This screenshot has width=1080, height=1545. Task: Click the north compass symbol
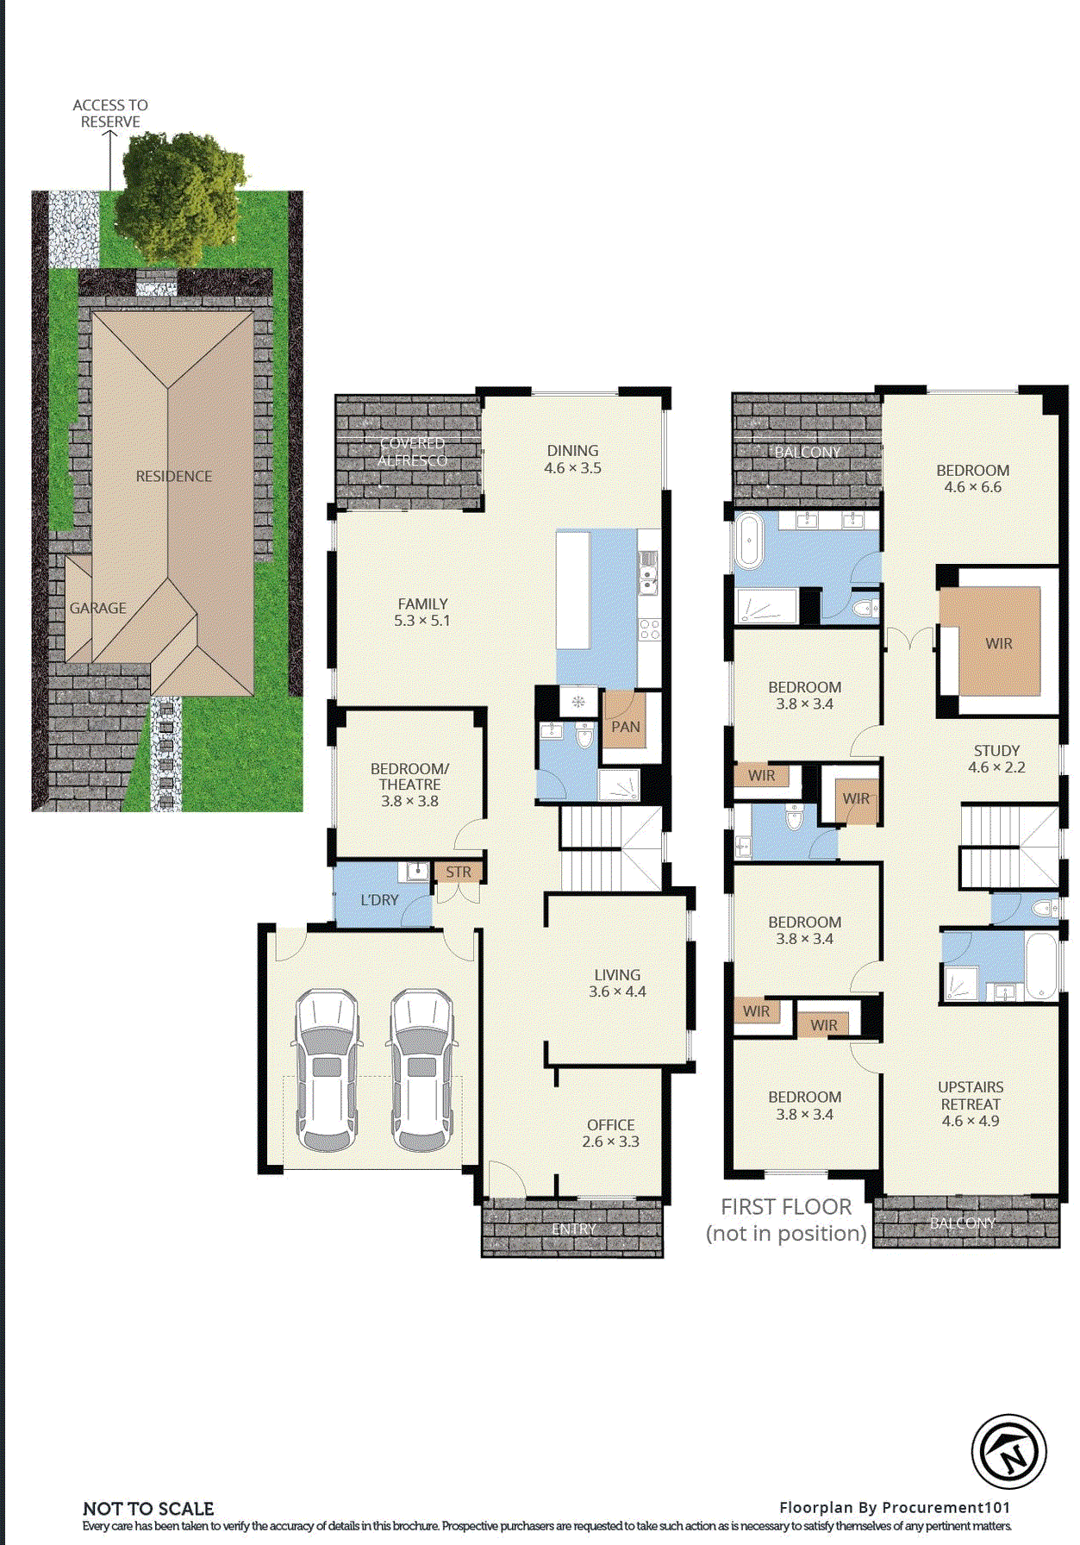(x=1008, y=1452)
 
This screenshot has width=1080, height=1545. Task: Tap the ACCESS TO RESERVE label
(x=110, y=113)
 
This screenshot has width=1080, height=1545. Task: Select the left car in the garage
(x=327, y=1069)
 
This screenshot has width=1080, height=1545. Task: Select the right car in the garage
(x=421, y=1069)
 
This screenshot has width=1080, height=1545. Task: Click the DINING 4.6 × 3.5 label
(x=572, y=460)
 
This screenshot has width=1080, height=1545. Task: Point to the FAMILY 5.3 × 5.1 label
(x=422, y=612)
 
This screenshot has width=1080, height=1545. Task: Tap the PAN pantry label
(x=626, y=727)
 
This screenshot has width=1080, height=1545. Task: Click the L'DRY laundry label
(x=379, y=900)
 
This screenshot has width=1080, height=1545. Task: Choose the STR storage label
(x=459, y=873)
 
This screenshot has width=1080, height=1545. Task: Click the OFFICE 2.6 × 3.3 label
(x=610, y=1133)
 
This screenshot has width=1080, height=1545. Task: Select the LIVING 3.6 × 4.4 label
(x=617, y=983)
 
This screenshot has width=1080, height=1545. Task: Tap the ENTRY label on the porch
(x=573, y=1229)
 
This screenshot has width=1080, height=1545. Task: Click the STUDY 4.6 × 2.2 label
(x=996, y=759)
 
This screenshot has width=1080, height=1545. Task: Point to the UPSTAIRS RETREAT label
(x=971, y=1104)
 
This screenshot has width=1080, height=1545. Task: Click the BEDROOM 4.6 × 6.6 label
(x=972, y=479)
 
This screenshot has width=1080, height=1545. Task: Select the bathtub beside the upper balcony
(x=748, y=541)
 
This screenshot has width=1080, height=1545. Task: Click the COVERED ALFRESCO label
(x=412, y=452)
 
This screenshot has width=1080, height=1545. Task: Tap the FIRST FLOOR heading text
(x=786, y=1207)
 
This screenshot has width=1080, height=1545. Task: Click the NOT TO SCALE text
(x=148, y=1509)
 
